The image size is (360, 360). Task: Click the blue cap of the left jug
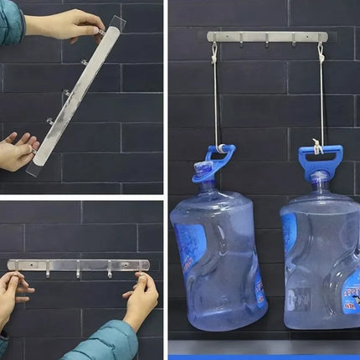point(203,172)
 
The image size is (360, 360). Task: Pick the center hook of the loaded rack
point(266,40)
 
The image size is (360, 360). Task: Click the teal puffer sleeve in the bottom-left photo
point(100,343)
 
